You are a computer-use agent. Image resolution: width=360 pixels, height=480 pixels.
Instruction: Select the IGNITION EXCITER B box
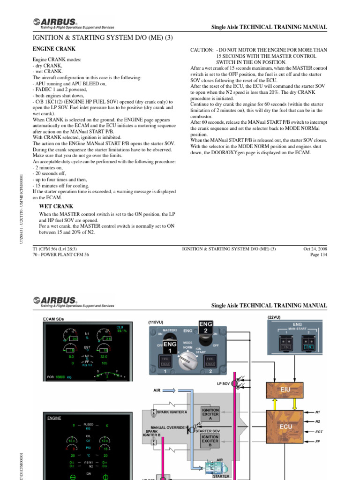pos(210,440)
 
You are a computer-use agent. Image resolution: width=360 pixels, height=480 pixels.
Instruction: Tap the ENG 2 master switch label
pos(206,326)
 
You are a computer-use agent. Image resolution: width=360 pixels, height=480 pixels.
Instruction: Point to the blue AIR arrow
pos(176,390)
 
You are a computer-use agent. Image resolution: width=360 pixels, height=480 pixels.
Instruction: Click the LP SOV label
pos(223,383)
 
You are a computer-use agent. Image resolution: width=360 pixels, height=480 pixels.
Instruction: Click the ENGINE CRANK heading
pos(54,49)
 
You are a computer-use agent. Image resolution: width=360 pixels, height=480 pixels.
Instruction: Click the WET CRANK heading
pos(56,206)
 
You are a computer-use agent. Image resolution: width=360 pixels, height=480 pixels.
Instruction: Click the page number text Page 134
pos(319,255)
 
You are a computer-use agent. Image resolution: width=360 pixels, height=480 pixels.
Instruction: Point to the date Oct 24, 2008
pos(315,249)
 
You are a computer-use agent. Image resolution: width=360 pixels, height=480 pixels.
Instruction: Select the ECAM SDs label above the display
pos(53,319)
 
